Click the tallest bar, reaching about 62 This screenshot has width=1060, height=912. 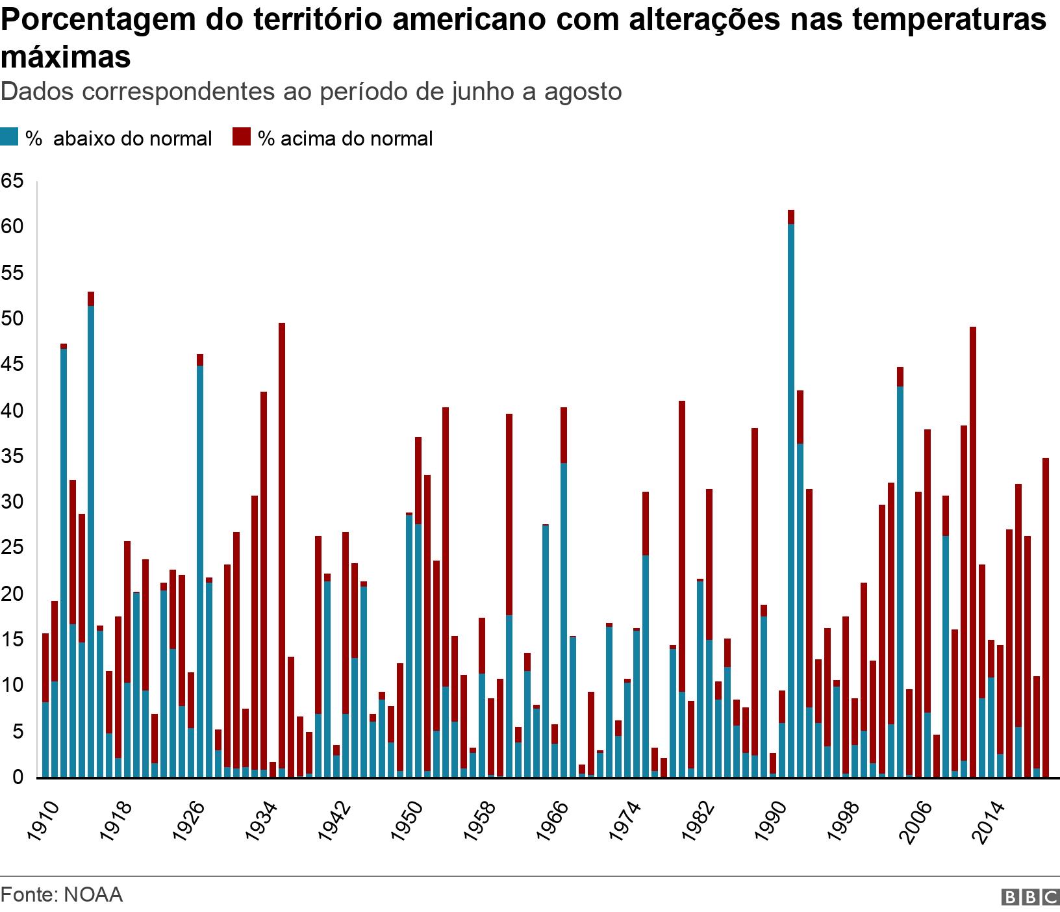[791, 494]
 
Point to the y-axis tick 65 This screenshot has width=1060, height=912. [12, 181]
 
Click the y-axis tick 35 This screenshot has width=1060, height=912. [12, 457]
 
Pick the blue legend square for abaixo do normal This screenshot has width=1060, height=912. [9, 138]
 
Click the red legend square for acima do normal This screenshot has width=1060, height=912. [242, 138]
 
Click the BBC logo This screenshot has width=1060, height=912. [1030, 897]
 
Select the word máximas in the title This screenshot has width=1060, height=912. [66, 57]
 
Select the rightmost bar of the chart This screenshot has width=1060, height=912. [1046, 617]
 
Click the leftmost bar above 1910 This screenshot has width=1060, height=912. [45, 705]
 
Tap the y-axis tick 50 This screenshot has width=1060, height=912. [12, 319]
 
